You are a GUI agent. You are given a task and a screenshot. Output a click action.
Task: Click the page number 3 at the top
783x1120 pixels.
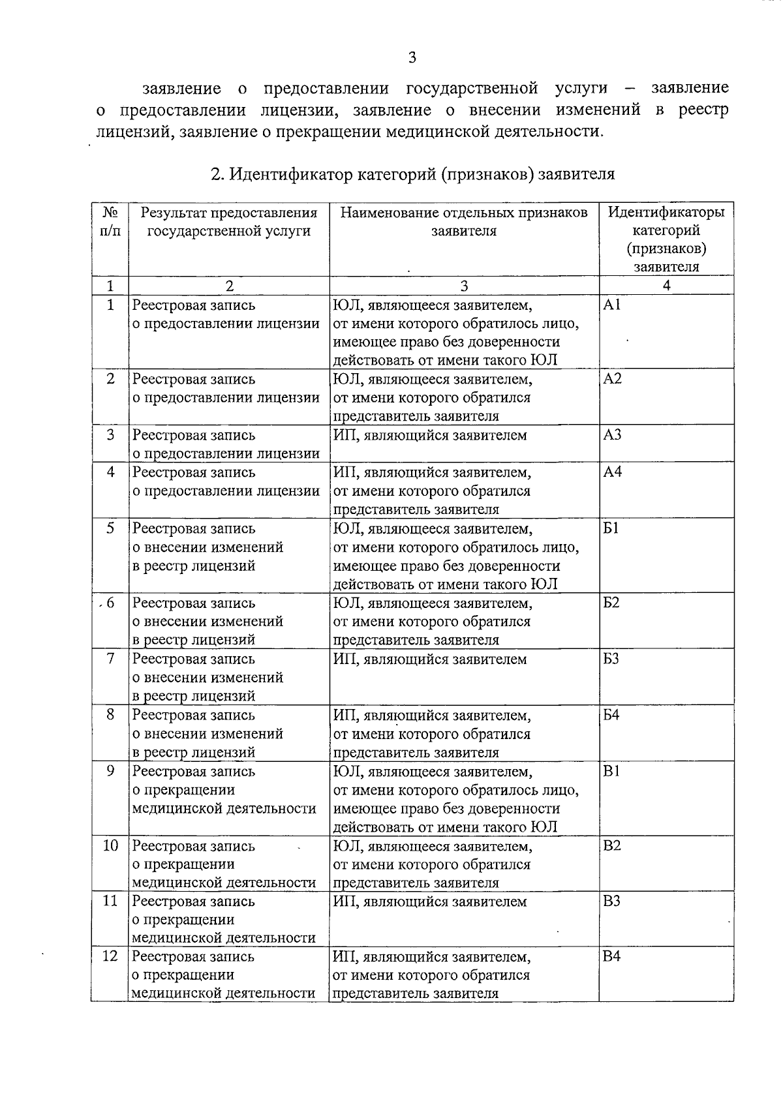point(412,57)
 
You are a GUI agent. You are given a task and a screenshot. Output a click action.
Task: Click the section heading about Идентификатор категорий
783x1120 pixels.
point(412,174)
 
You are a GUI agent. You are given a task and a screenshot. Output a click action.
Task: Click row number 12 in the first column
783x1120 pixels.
point(110,956)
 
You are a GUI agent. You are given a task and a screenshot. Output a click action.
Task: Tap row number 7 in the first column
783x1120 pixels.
point(110,658)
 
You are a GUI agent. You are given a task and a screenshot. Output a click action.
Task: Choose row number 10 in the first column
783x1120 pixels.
point(110,845)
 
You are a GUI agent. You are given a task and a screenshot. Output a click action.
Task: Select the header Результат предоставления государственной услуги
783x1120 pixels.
point(229,222)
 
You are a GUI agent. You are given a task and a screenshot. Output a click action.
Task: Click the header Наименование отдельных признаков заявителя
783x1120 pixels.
point(464,222)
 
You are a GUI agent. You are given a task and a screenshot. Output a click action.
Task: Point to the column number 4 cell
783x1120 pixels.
point(666,285)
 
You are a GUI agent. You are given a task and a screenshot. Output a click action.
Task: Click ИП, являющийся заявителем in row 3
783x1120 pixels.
point(429,435)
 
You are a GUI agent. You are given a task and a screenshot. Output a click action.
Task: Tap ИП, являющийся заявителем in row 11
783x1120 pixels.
point(429,902)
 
